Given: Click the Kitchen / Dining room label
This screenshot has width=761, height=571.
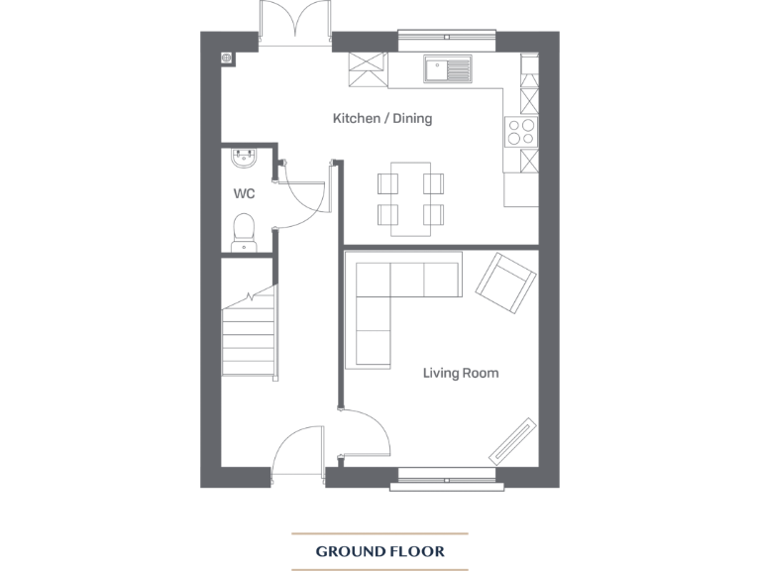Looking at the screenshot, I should pyautogui.click(x=381, y=119).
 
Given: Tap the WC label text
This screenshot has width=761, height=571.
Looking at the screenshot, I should pyautogui.click(x=244, y=193).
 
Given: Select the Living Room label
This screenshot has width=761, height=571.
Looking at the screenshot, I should pyautogui.click(x=460, y=374).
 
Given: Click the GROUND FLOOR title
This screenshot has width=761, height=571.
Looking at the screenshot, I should pyautogui.click(x=380, y=551).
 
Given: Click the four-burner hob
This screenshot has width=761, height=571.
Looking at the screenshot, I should pyautogui.click(x=521, y=131).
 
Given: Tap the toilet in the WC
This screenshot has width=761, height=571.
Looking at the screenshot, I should pyautogui.click(x=243, y=232).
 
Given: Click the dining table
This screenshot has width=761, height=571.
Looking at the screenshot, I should pyautogui.click(x=410, y=198).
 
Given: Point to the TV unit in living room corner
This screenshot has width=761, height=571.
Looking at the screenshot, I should pyautogui.click(x=513, y=440).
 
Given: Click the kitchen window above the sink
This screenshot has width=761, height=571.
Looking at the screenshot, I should pyautogui.click(x=447, y=40).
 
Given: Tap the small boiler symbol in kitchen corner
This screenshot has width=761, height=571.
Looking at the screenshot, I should pyautogui.click(x=228, y=57).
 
